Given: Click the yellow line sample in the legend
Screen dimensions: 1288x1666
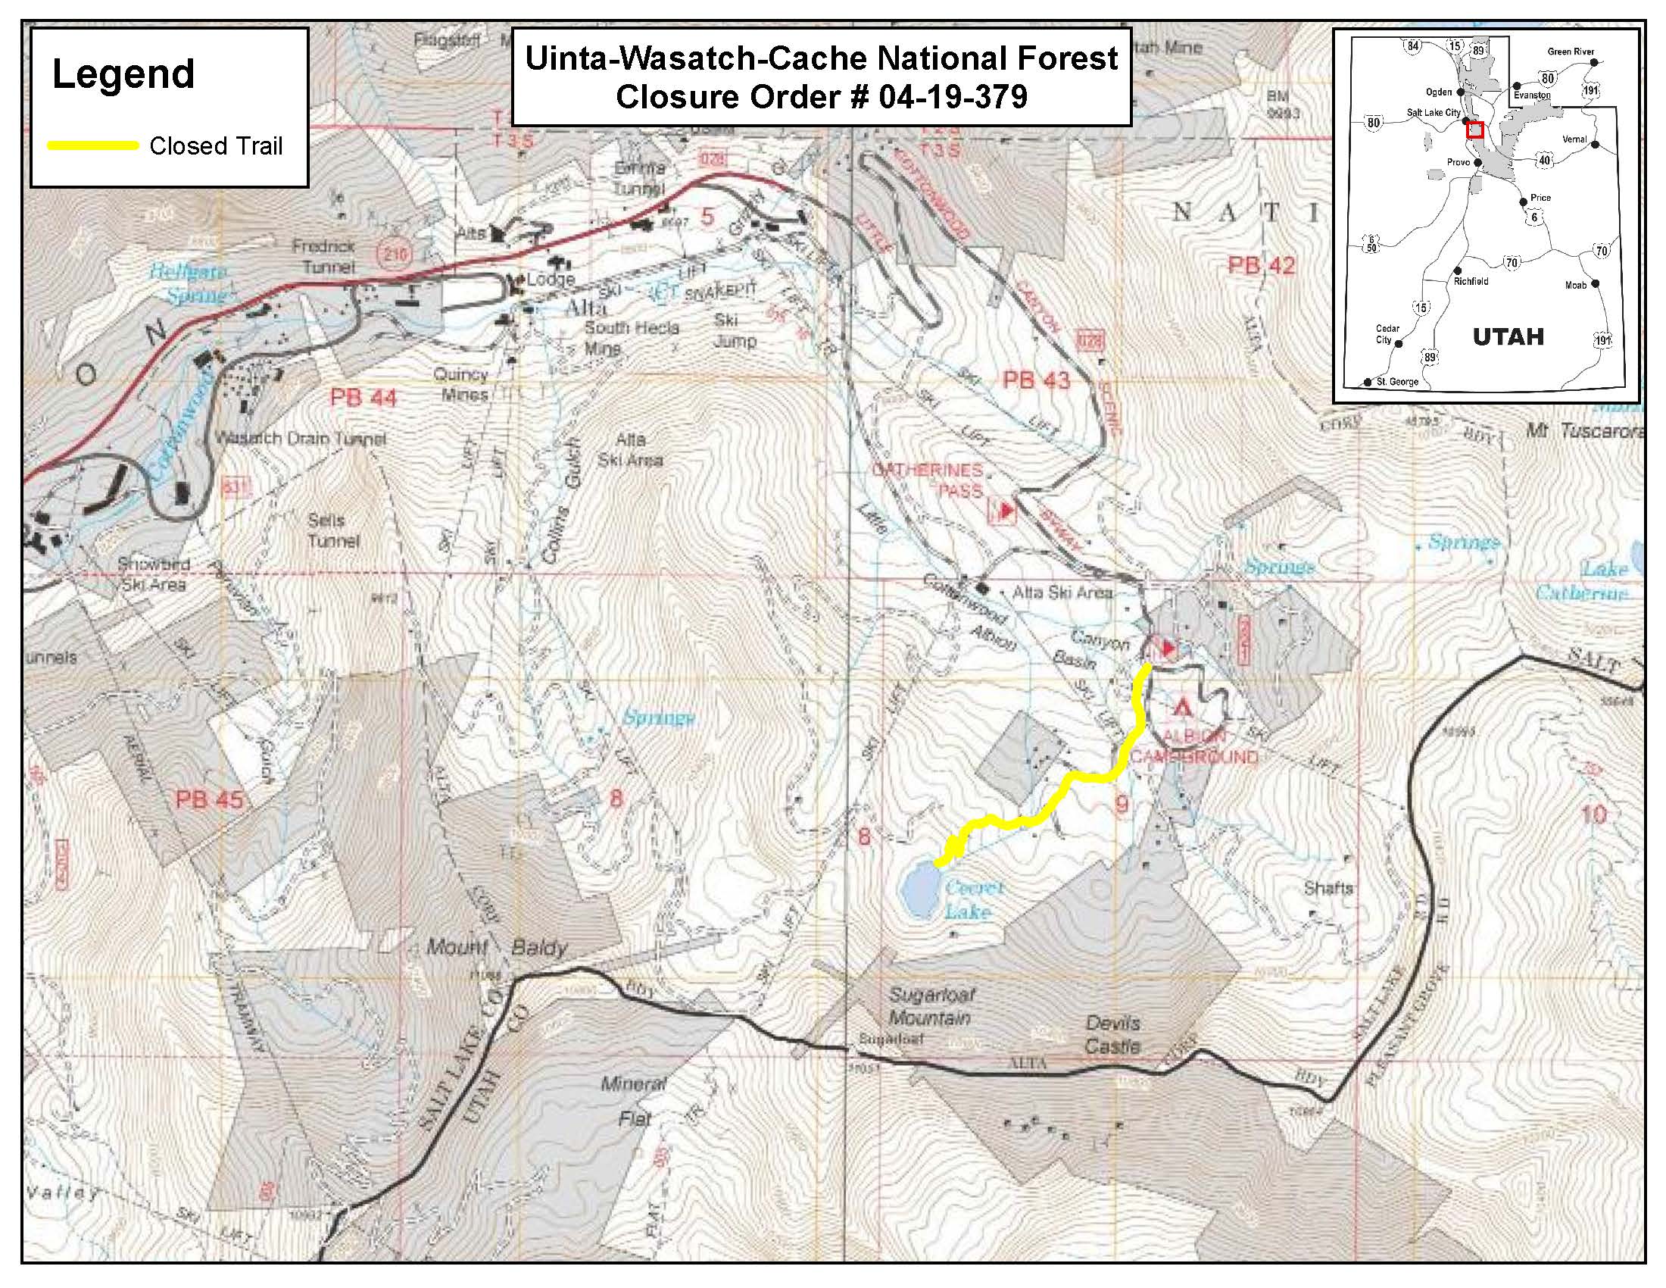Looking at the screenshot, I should (93, 145).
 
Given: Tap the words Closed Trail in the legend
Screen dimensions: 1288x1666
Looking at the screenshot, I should (216, 145).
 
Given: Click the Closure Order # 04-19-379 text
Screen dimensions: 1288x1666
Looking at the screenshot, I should (821, 97).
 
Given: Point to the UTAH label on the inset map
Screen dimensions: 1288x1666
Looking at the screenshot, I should (1508, 336).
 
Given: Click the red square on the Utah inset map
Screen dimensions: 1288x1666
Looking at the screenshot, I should (1474, 130).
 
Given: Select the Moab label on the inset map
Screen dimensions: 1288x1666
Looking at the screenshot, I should (1575, 285).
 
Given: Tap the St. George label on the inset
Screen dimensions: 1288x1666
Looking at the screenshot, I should (1396, 381).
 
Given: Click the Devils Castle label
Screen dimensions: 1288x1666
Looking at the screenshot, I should (1112, 1035).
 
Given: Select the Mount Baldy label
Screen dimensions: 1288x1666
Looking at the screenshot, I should (497, 948).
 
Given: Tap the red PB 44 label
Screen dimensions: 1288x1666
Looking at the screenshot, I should (363, 398).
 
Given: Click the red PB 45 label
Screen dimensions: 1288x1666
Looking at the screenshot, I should (209, 799).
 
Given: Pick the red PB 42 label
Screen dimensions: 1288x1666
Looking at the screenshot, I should (1261, 265).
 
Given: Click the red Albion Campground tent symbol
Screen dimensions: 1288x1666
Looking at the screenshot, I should (1181, 707).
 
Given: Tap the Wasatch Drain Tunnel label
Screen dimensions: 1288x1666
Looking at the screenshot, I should (300, 439).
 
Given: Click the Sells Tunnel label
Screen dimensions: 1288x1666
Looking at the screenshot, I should (332, 530).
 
